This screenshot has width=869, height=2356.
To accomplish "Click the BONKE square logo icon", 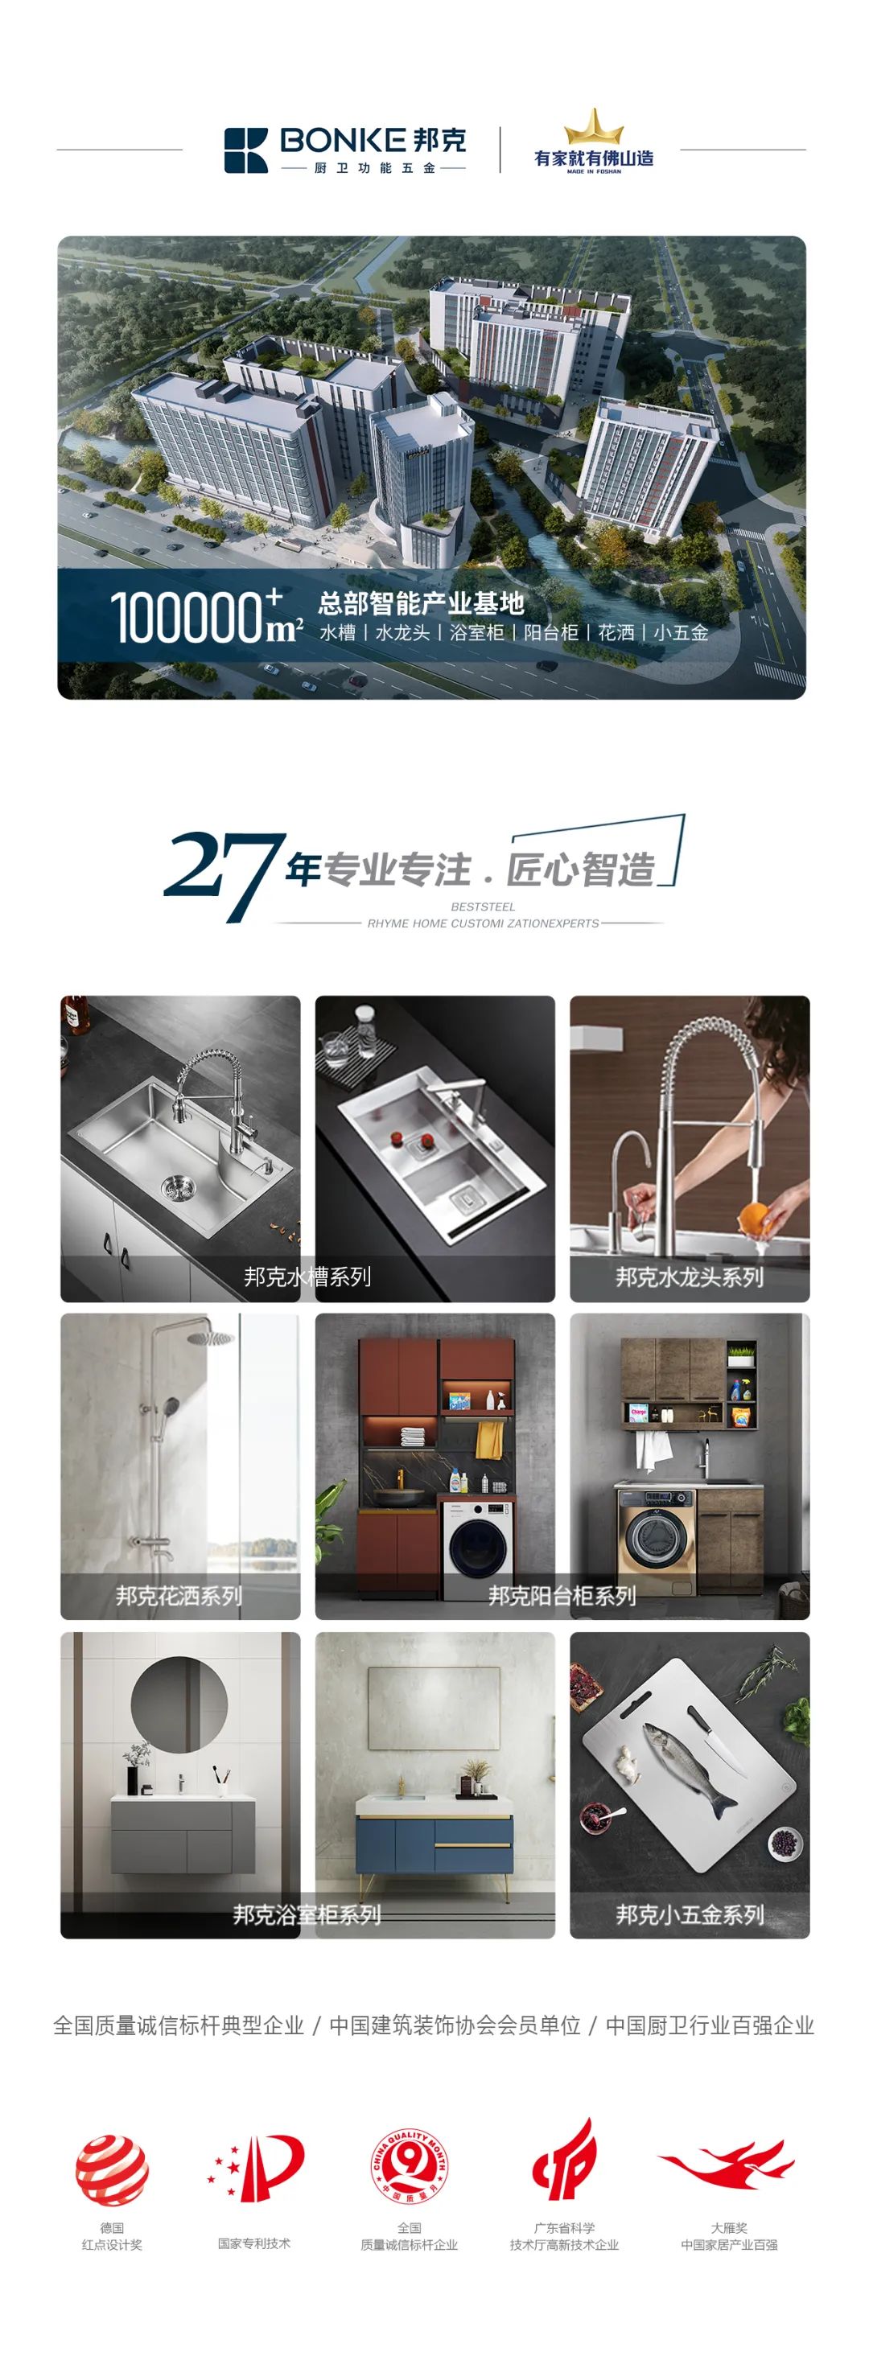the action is pos(246,150).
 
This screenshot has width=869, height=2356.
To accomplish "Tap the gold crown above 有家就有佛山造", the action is pos(594,126).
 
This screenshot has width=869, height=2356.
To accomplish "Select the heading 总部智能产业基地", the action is pos(421,603).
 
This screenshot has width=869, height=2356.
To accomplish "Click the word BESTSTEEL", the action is pos(483,907).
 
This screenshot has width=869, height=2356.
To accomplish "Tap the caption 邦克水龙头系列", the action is pos(690,1277).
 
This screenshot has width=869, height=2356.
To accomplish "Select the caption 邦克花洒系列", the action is pos(179,1596).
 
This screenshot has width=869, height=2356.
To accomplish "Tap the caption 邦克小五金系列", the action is pos(690,1914).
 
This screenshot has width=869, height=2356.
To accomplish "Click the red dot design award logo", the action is pos(112,2170).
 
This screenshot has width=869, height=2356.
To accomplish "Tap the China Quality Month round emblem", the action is pos(409,2167).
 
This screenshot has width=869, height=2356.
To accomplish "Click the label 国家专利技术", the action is pos(254,2243).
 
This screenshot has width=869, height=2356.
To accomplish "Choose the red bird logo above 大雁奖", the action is pos(727,2165).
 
